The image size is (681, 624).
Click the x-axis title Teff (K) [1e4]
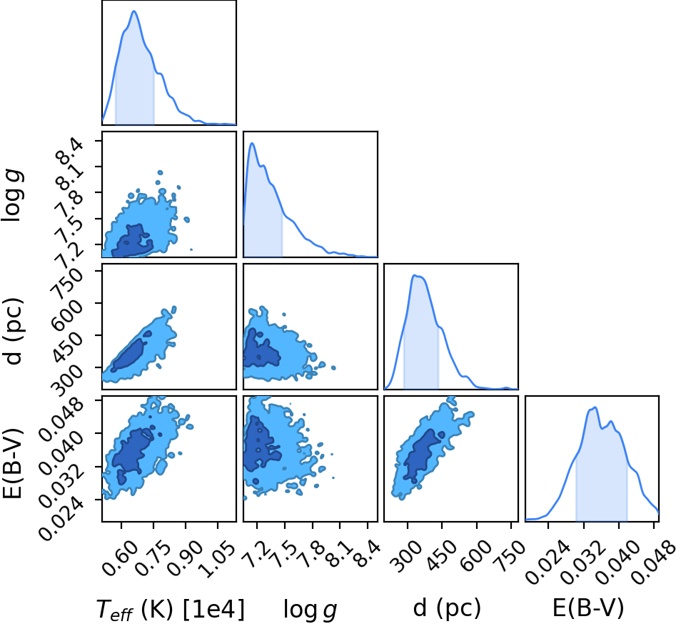[x=170, y=609]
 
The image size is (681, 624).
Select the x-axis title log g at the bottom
[x=310, y=610]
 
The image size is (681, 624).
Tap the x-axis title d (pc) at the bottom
[x=447, y=608]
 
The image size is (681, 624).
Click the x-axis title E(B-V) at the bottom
[x=588, y=608]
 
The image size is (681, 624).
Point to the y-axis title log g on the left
[x=12, y=197]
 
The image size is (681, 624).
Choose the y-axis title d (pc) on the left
[x=13, y=332]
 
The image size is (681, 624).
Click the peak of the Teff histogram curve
[x=133, y=11]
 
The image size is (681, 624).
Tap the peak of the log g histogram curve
[x=251, y=143]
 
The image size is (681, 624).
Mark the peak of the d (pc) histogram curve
[x=415, y=275]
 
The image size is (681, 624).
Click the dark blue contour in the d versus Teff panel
[x=129, y=355]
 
